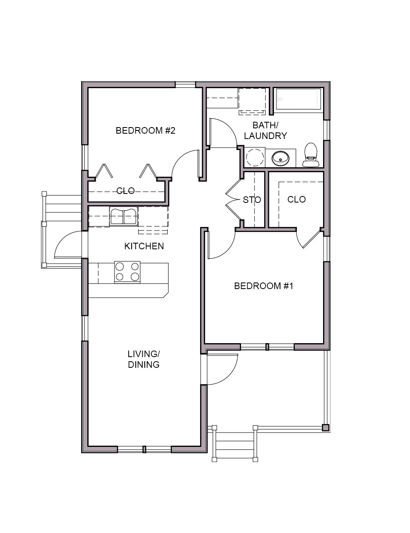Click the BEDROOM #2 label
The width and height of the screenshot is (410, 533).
(146, 130)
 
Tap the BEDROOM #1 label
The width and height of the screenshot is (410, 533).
(264, 286)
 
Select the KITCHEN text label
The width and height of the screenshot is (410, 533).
(144, 246)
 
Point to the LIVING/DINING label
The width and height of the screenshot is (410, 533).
(143, 359)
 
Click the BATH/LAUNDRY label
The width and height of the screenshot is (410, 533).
(265, 130)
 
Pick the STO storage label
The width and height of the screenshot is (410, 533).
(252, 200)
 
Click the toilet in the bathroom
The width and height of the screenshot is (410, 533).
(310, 155)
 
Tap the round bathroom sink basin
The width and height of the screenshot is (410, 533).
(280, 158)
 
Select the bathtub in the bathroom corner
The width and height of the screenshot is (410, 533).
(298, 99)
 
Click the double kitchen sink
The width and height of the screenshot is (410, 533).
(123, 216)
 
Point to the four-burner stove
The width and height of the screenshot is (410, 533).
(127, 272)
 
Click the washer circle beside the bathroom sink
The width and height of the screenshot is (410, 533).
(254, 157)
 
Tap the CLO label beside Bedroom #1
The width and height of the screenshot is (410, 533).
(296, 199)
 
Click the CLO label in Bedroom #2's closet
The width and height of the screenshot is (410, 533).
(125, 191)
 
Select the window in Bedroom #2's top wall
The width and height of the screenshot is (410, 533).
(185, 84)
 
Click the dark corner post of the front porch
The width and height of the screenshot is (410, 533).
(326, 428)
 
